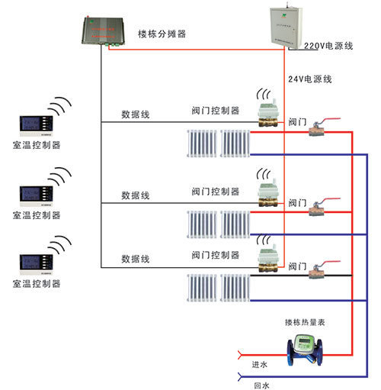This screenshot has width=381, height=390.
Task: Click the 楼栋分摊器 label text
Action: [x=162, y=34]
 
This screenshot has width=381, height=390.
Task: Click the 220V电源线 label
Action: [x=328, y=47]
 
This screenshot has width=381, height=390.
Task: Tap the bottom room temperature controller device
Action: [x=37, y=264]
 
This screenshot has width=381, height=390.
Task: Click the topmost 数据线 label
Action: [x=136, y=114]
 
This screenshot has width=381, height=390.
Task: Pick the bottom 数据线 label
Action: [x=136, y=259]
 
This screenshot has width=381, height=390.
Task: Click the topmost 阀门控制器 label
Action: [x=215, y=111]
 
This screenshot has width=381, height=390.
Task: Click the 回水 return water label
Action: [x=261, y=385]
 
